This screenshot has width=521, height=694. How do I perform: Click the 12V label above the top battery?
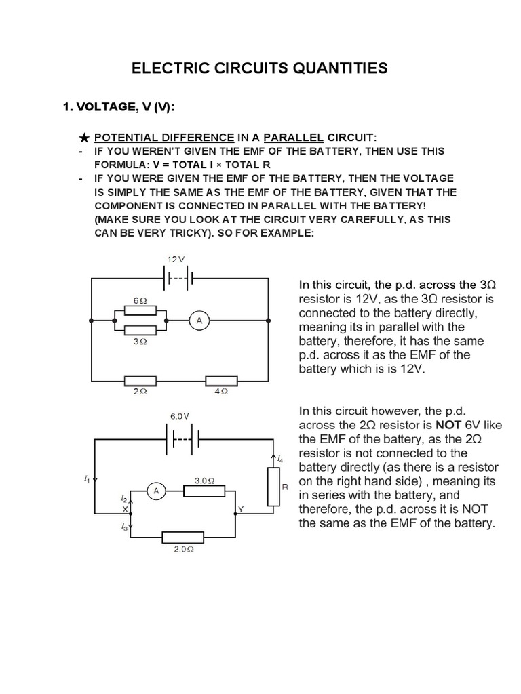click(176, 260)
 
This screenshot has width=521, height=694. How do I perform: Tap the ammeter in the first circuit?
click(199, 322)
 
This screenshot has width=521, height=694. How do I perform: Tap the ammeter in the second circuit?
click(155, 491)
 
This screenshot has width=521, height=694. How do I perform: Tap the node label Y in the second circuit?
click(242, 509)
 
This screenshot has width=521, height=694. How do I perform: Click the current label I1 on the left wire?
click(87, 479)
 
